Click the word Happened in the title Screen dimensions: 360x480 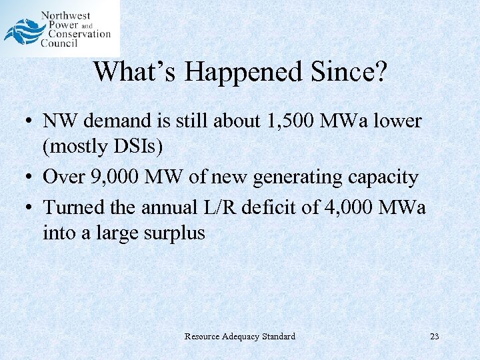coord(243,71)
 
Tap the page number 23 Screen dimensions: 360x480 coord(435,336)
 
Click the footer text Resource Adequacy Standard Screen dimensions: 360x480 coord(239,336)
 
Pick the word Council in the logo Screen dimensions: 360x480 coord(59,43)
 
